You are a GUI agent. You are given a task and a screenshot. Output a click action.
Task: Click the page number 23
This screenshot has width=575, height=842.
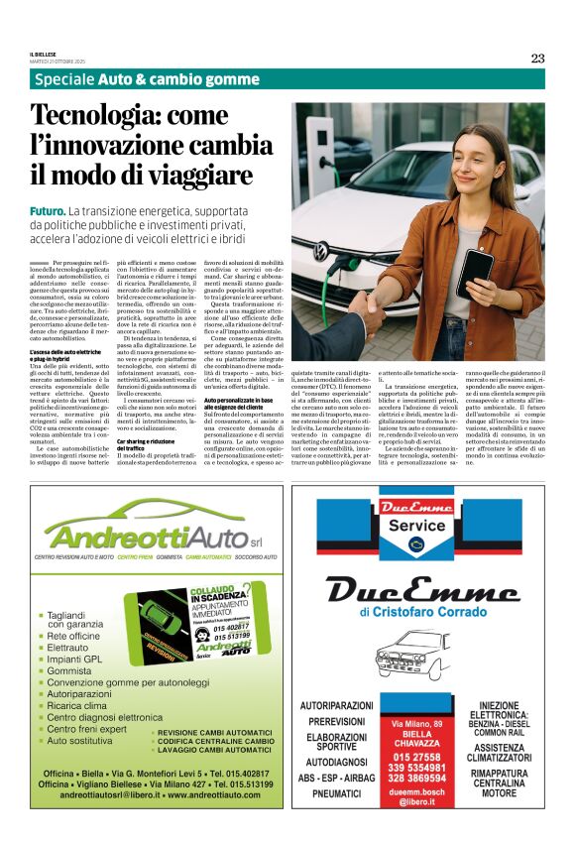click(537, 58)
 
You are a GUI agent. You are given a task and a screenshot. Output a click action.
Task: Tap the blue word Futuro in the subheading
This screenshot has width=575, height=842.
click(48, 212)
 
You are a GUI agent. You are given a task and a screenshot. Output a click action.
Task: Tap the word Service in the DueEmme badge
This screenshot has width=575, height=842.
click(415, 525)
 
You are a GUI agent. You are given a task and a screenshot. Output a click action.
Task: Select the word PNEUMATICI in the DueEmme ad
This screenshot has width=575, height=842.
click(335, 794)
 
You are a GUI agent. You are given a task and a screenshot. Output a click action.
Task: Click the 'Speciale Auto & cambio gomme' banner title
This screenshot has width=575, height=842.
click(146, 79)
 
